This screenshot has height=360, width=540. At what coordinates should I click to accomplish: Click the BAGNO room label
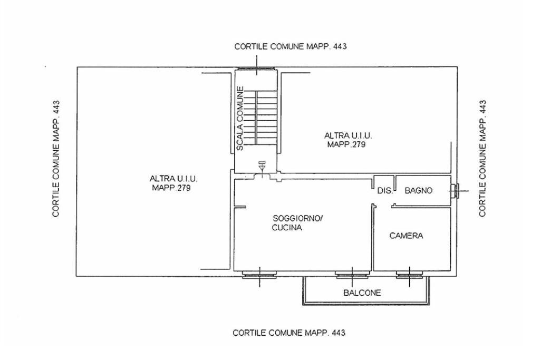tap(418, 191)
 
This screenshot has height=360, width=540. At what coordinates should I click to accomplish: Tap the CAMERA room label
tap(406, 236)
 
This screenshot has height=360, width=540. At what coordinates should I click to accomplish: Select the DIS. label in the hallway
tap(385, 191)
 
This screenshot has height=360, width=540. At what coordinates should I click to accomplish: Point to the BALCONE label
tap(362, 293)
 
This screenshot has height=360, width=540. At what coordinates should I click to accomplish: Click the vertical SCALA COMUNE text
tap(240, 119)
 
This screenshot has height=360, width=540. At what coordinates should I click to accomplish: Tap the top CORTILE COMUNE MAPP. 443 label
tap(290, 46)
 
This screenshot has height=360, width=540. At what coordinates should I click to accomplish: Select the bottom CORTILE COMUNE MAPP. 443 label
tap(289, 333)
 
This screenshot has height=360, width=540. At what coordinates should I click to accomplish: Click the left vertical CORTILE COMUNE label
tap(56, 159)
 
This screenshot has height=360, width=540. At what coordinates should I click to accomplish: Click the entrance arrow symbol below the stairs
tap(262, 166)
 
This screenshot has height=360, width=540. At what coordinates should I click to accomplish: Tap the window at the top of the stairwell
tap(257, 70)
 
